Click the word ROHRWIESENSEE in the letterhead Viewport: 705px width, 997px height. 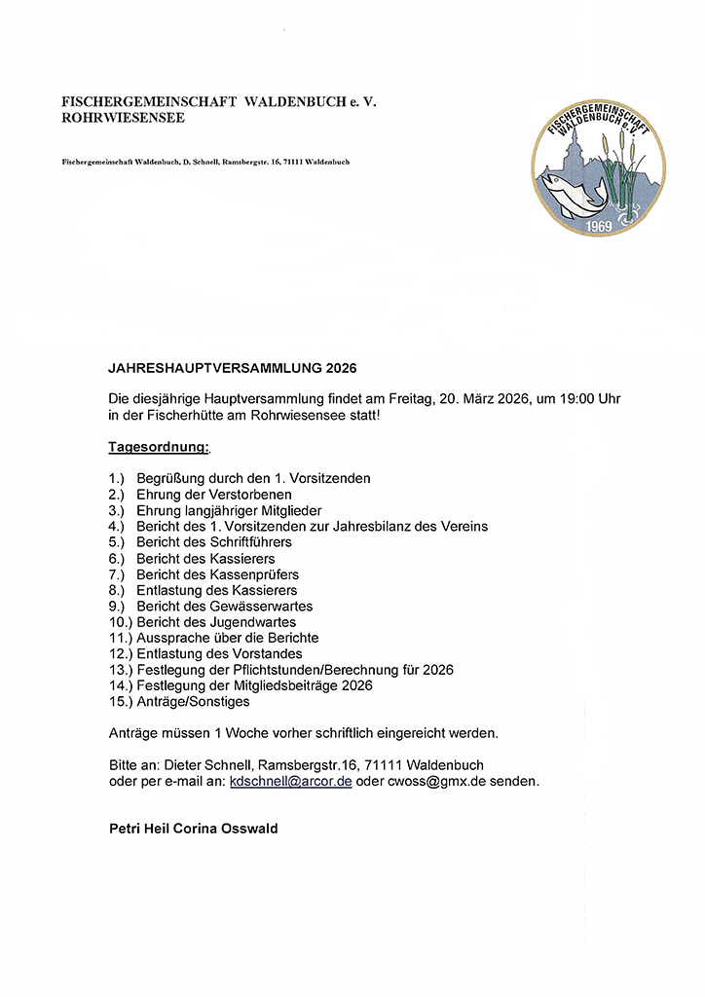(123, 119)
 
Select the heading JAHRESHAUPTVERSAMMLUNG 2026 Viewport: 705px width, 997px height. (233, 369)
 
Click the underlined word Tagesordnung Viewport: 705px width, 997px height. (158, 447)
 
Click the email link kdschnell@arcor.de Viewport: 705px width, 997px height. (290, 781)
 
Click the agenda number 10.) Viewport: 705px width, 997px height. (120, 621)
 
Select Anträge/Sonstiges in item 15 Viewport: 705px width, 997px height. (193, 701)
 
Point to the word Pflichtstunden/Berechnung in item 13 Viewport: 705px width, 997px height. (298, 670)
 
